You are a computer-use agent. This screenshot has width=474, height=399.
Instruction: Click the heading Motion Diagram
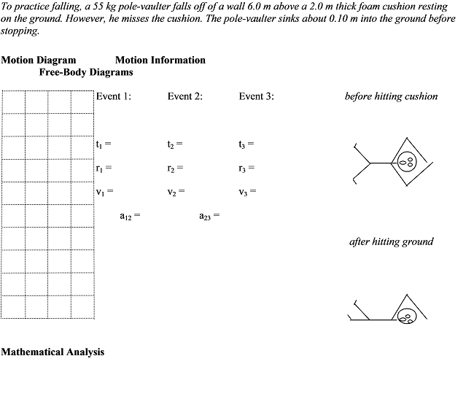pos(38,60)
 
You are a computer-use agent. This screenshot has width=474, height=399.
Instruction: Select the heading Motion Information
pos(160,60)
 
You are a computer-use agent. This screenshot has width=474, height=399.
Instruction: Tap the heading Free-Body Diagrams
pos(86,71)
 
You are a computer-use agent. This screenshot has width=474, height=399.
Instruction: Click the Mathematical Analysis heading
pos(53,352)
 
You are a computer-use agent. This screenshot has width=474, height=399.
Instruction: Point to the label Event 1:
pos(114,96)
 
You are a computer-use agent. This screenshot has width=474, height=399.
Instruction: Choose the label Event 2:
pos(185,96)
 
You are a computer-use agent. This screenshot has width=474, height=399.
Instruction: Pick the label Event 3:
pos(257,96)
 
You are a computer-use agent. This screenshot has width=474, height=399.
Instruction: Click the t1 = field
pos(103,144)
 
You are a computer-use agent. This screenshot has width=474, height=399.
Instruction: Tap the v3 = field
pos(247,192)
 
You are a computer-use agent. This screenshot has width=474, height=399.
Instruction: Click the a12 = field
pos(130,216)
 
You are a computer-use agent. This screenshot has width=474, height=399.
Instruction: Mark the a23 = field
pos(209,216)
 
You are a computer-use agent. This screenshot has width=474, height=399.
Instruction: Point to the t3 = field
pos(246,144)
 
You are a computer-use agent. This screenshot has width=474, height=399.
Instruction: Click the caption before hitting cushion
pos(391,96)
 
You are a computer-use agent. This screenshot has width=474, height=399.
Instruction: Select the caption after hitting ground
pos(392,241)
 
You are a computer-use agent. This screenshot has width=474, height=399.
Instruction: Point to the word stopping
pos(20,31)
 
